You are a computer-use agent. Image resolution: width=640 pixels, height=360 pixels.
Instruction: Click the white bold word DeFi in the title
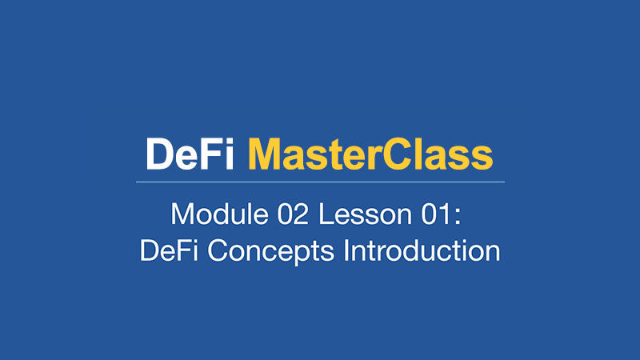click(190, 154)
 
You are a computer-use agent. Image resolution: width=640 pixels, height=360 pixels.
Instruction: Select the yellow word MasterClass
click(370, 154)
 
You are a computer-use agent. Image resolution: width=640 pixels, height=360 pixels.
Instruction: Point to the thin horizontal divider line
click(320, 182)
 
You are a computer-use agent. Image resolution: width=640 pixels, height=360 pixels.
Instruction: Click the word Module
click(219, 214)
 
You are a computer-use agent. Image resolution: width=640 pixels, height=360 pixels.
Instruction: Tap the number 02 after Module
click(293, 214)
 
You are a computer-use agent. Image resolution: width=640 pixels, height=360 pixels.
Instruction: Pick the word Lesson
click(366, 214)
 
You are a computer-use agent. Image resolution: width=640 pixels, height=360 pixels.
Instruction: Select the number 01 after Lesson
click(436, 214)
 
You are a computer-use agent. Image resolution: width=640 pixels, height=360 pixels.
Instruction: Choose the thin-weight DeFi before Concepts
click(169, 250)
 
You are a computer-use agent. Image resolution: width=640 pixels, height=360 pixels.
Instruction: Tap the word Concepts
click(270, 251)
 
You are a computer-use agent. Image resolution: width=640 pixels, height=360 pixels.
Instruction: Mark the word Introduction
click(422, 250)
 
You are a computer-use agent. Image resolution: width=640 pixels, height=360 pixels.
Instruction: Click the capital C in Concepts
click(218, 250)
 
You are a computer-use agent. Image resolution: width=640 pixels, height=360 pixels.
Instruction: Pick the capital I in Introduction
click(346, 250)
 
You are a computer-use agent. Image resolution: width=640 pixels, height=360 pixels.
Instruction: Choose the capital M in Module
click(182, 214)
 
